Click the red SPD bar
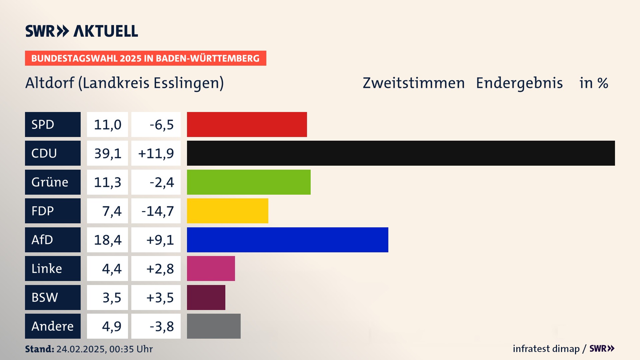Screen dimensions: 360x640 (247, 124)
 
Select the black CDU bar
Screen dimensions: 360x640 (401, 153)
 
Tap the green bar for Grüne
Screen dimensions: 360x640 (249, 182)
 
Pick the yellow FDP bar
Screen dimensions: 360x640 (227, 211)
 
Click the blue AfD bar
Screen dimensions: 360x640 (287, 240)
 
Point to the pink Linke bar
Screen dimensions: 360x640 (211, 268)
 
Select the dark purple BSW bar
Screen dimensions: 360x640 (206, 297)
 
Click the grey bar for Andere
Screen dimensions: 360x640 (214, 326)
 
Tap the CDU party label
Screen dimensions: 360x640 (53, 153)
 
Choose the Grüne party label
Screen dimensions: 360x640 (53, 182)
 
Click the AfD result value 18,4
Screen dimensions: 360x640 (107, 240)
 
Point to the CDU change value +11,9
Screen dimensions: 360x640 (156, 153)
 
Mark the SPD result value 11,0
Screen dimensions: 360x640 (107, 124)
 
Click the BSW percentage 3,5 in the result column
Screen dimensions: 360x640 (111, 297)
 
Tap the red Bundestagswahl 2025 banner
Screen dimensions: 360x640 (145, 58)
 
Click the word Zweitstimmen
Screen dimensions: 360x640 (413, 83)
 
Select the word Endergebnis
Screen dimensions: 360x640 (519, 83)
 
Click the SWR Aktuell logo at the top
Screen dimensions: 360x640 (82, 31)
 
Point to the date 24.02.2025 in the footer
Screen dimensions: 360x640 (81, 349)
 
